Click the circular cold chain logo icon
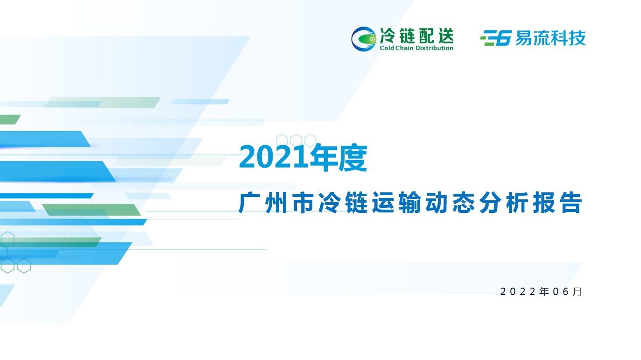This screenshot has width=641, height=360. (363, 39)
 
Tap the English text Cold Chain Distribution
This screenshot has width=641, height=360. (416, 48)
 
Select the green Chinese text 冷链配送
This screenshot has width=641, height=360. (416, 35)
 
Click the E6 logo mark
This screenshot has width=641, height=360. (496, 38)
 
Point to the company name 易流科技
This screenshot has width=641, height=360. (550, 38)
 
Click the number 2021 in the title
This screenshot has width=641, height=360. (274, 157)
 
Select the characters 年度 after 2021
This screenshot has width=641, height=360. (338, 157)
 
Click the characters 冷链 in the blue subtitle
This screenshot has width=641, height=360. (343, 203)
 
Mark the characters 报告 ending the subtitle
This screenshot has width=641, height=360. (557, 203)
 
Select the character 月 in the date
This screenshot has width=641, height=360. (577, 292)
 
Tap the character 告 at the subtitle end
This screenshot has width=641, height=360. (571, 203)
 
